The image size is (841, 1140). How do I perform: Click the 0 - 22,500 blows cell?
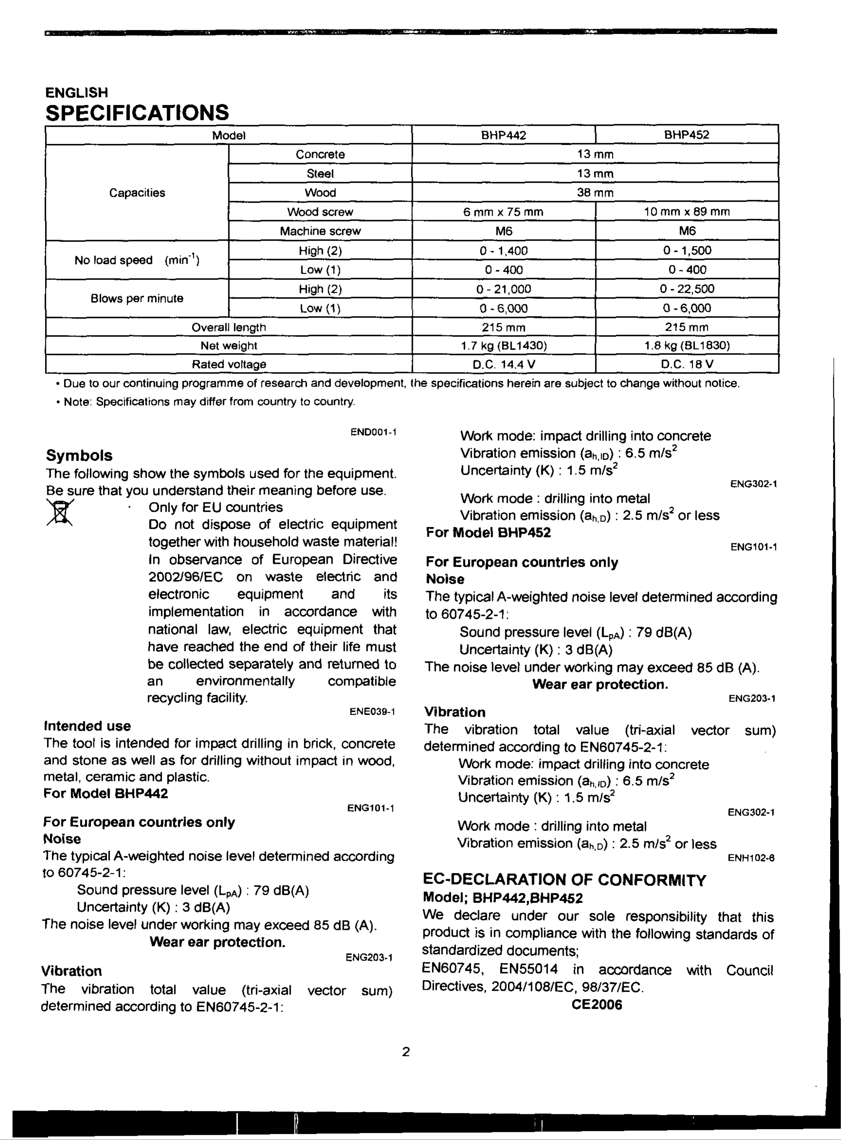(687, 289)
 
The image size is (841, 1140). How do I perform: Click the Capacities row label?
(137, 192)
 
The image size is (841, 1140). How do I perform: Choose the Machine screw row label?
(320, 231)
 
